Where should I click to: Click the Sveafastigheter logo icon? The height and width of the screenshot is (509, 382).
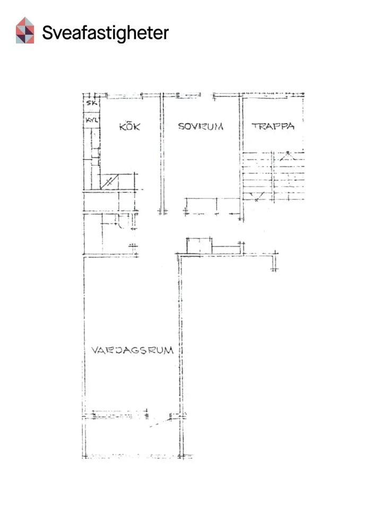coord(25,30)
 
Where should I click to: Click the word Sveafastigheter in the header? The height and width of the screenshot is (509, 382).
coord(105,33)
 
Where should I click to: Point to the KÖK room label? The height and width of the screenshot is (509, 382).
coord(129,127)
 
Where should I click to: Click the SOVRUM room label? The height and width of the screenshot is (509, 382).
coord(201,127)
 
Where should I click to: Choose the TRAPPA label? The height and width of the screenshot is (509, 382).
coord(273,127)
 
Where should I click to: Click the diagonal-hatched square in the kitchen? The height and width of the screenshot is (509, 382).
coord(108,181)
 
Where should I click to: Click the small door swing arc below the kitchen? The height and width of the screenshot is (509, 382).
coord(120,224)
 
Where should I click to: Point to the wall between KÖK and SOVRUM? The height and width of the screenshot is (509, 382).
coord(161,154)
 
